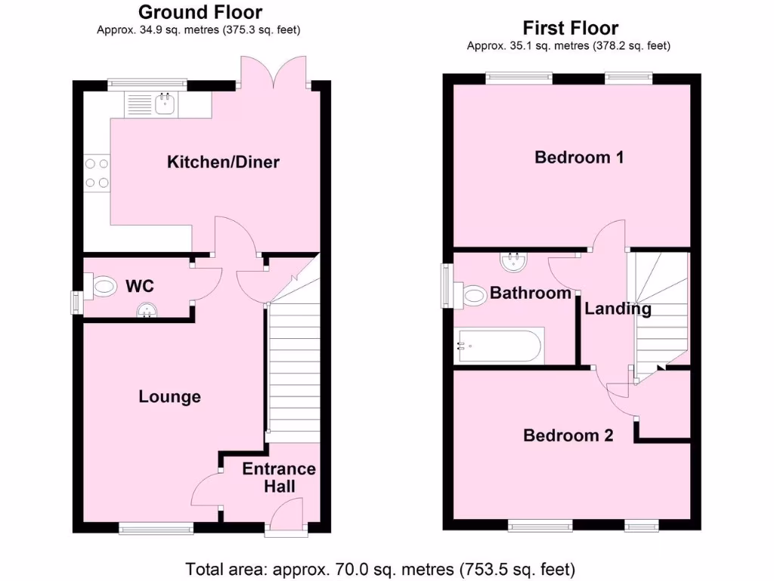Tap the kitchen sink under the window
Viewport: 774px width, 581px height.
pos(164,104)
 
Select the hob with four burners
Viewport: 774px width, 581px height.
pos(97,172)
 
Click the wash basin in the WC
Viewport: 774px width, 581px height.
pos(147,309)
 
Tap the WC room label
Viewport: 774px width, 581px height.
pos(140,286)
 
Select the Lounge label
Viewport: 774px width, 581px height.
pos(169,396)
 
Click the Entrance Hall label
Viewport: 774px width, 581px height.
pos(279,477)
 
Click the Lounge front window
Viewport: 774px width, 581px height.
pos(156,528)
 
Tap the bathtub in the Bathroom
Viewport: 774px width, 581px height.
pos(500,346)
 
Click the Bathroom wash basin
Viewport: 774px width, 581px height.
pos(514,263)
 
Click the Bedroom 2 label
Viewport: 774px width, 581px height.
pos(568,436)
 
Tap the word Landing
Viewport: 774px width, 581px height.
pos(617,309)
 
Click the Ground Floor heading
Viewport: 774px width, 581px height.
pos(200,12)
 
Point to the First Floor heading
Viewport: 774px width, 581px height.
pos(571,29)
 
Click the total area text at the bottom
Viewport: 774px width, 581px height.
pos(381,568)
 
